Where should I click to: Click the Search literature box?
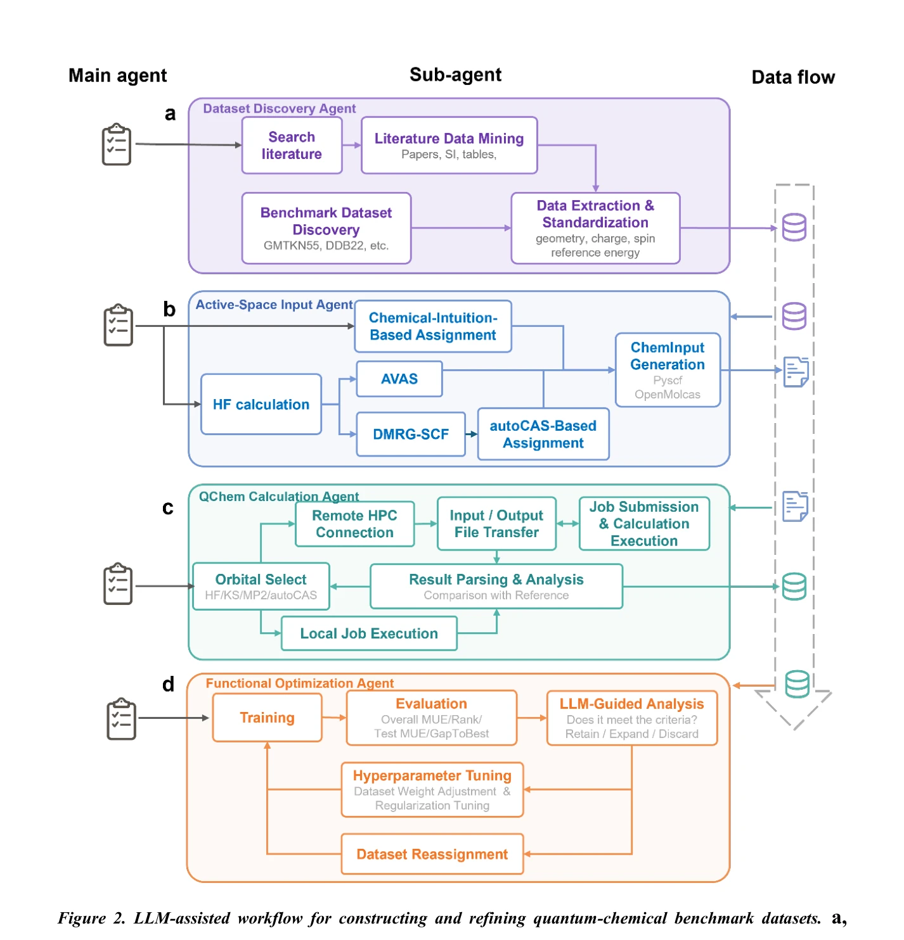click(292, 145)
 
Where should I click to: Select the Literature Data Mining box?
click(449, 145)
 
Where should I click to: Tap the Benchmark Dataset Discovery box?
click(326, 228)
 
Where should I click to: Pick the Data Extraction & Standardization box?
click(595, 228)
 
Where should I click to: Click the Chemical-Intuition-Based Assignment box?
click(432, 326)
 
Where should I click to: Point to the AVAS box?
click(399, 379)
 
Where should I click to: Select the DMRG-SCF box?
click(410, 434)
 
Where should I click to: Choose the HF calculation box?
click(261, 404)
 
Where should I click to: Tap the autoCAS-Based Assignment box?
click(543, 434)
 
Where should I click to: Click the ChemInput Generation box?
click(667, 369)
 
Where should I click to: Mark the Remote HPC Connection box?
click(354, 524)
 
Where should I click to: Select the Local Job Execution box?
click(369, 633)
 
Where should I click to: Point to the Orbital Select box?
click(261, 586)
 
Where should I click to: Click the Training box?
click(267, 717)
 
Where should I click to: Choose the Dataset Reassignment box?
click(432, 853)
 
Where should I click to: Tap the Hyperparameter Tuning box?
click(432, 789)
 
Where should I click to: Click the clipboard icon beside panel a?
click(117, 144)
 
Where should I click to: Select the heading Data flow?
click(793, 77)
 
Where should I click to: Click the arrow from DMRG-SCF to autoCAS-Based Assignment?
click(472, 434)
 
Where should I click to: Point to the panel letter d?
click(168, 684)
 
